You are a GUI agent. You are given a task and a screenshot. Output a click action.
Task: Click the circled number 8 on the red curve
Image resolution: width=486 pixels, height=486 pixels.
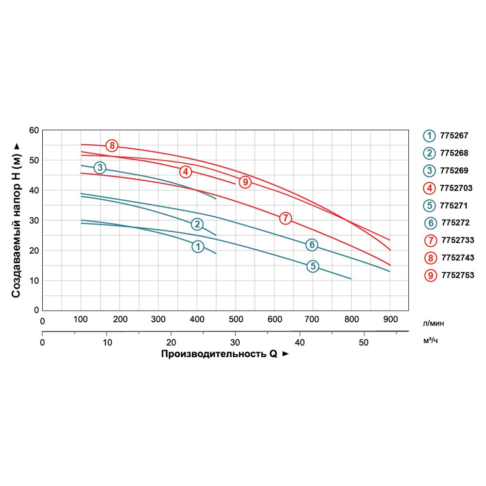(x=112, y=145)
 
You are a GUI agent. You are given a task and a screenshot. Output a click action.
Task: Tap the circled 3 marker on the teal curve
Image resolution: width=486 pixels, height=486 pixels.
(x=100, y=168)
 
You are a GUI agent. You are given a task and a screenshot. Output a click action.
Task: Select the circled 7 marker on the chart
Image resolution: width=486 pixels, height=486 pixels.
(x=285, y=218)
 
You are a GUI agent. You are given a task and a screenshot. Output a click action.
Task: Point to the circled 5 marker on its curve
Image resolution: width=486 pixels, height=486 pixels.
(x=312, y=266)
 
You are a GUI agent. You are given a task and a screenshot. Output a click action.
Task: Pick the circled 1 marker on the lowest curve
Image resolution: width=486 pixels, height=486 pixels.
(x=197, y=246)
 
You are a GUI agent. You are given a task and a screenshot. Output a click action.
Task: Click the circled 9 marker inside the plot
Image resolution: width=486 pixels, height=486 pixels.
(x=245, y=182)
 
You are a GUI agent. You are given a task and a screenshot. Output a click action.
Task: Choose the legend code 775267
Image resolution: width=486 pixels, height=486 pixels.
(x=454, y=136)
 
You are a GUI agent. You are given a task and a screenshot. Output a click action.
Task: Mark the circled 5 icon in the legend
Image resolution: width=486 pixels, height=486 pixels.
(x=430, y=206)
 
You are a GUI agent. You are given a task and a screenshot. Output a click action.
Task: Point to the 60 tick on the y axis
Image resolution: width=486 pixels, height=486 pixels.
(x=34, y=130)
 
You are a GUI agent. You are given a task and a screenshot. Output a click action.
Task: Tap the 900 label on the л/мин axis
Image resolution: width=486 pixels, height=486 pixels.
(x=390, y=319)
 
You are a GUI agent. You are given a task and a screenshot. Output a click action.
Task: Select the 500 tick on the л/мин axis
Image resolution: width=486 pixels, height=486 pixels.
(x=236, y=319)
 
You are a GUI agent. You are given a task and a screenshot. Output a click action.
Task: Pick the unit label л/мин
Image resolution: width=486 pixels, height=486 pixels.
(x=434, y=323)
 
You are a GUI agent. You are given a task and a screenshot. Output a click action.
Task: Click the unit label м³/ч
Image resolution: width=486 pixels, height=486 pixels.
(x=431, y=341)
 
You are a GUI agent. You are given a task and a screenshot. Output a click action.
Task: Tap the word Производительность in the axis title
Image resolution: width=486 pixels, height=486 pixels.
(x=213, y=354)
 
